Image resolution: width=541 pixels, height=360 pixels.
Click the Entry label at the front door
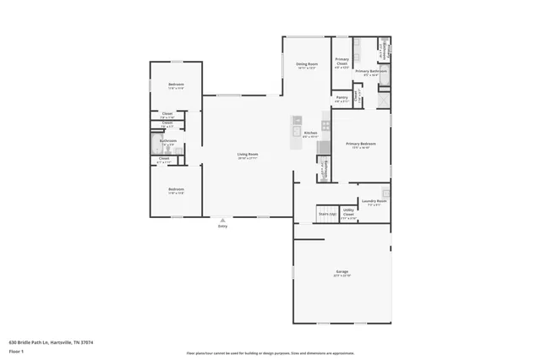point(223,226)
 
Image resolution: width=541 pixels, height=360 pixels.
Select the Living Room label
point(247,155)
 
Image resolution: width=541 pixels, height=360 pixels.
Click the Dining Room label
point(306,65)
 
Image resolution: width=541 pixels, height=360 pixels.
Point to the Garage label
point(342,272)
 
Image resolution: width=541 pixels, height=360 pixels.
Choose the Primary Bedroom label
point(360,145)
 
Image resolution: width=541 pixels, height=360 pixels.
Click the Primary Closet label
point(342,62)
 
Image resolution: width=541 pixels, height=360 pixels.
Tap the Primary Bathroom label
point(370,72)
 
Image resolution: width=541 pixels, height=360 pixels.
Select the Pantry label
point(342,98)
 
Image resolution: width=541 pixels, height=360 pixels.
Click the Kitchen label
point(309,134)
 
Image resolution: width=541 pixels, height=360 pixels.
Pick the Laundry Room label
point(374,202)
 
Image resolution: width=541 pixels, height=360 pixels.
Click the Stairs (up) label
point(327,215)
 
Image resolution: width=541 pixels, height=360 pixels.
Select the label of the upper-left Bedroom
point(176,86)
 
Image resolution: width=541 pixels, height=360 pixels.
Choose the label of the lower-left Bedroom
point(176,190)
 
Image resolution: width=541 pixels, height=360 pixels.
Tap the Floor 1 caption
point(16,350)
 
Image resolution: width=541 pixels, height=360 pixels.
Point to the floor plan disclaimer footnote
point(270,353)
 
